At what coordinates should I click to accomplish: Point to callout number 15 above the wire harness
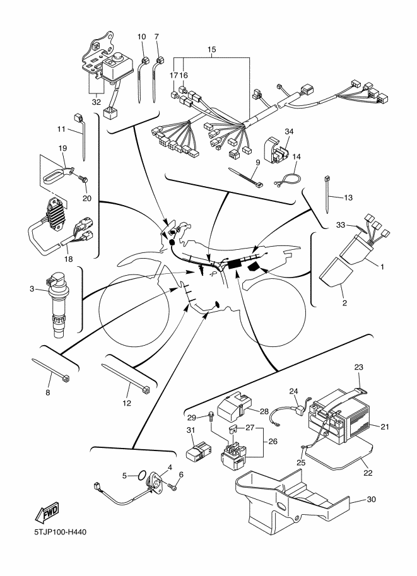211,49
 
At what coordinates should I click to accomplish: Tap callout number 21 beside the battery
385,427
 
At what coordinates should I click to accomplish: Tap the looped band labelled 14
287,182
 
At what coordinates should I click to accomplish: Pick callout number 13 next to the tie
348,197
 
